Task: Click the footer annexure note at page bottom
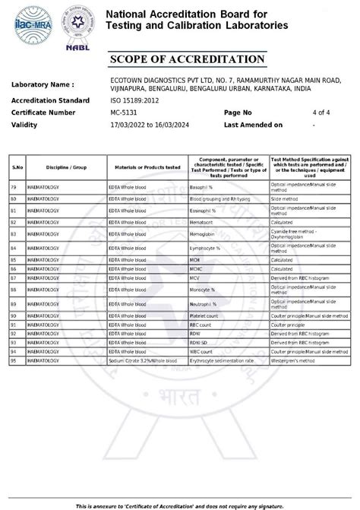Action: tap(180, 505)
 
